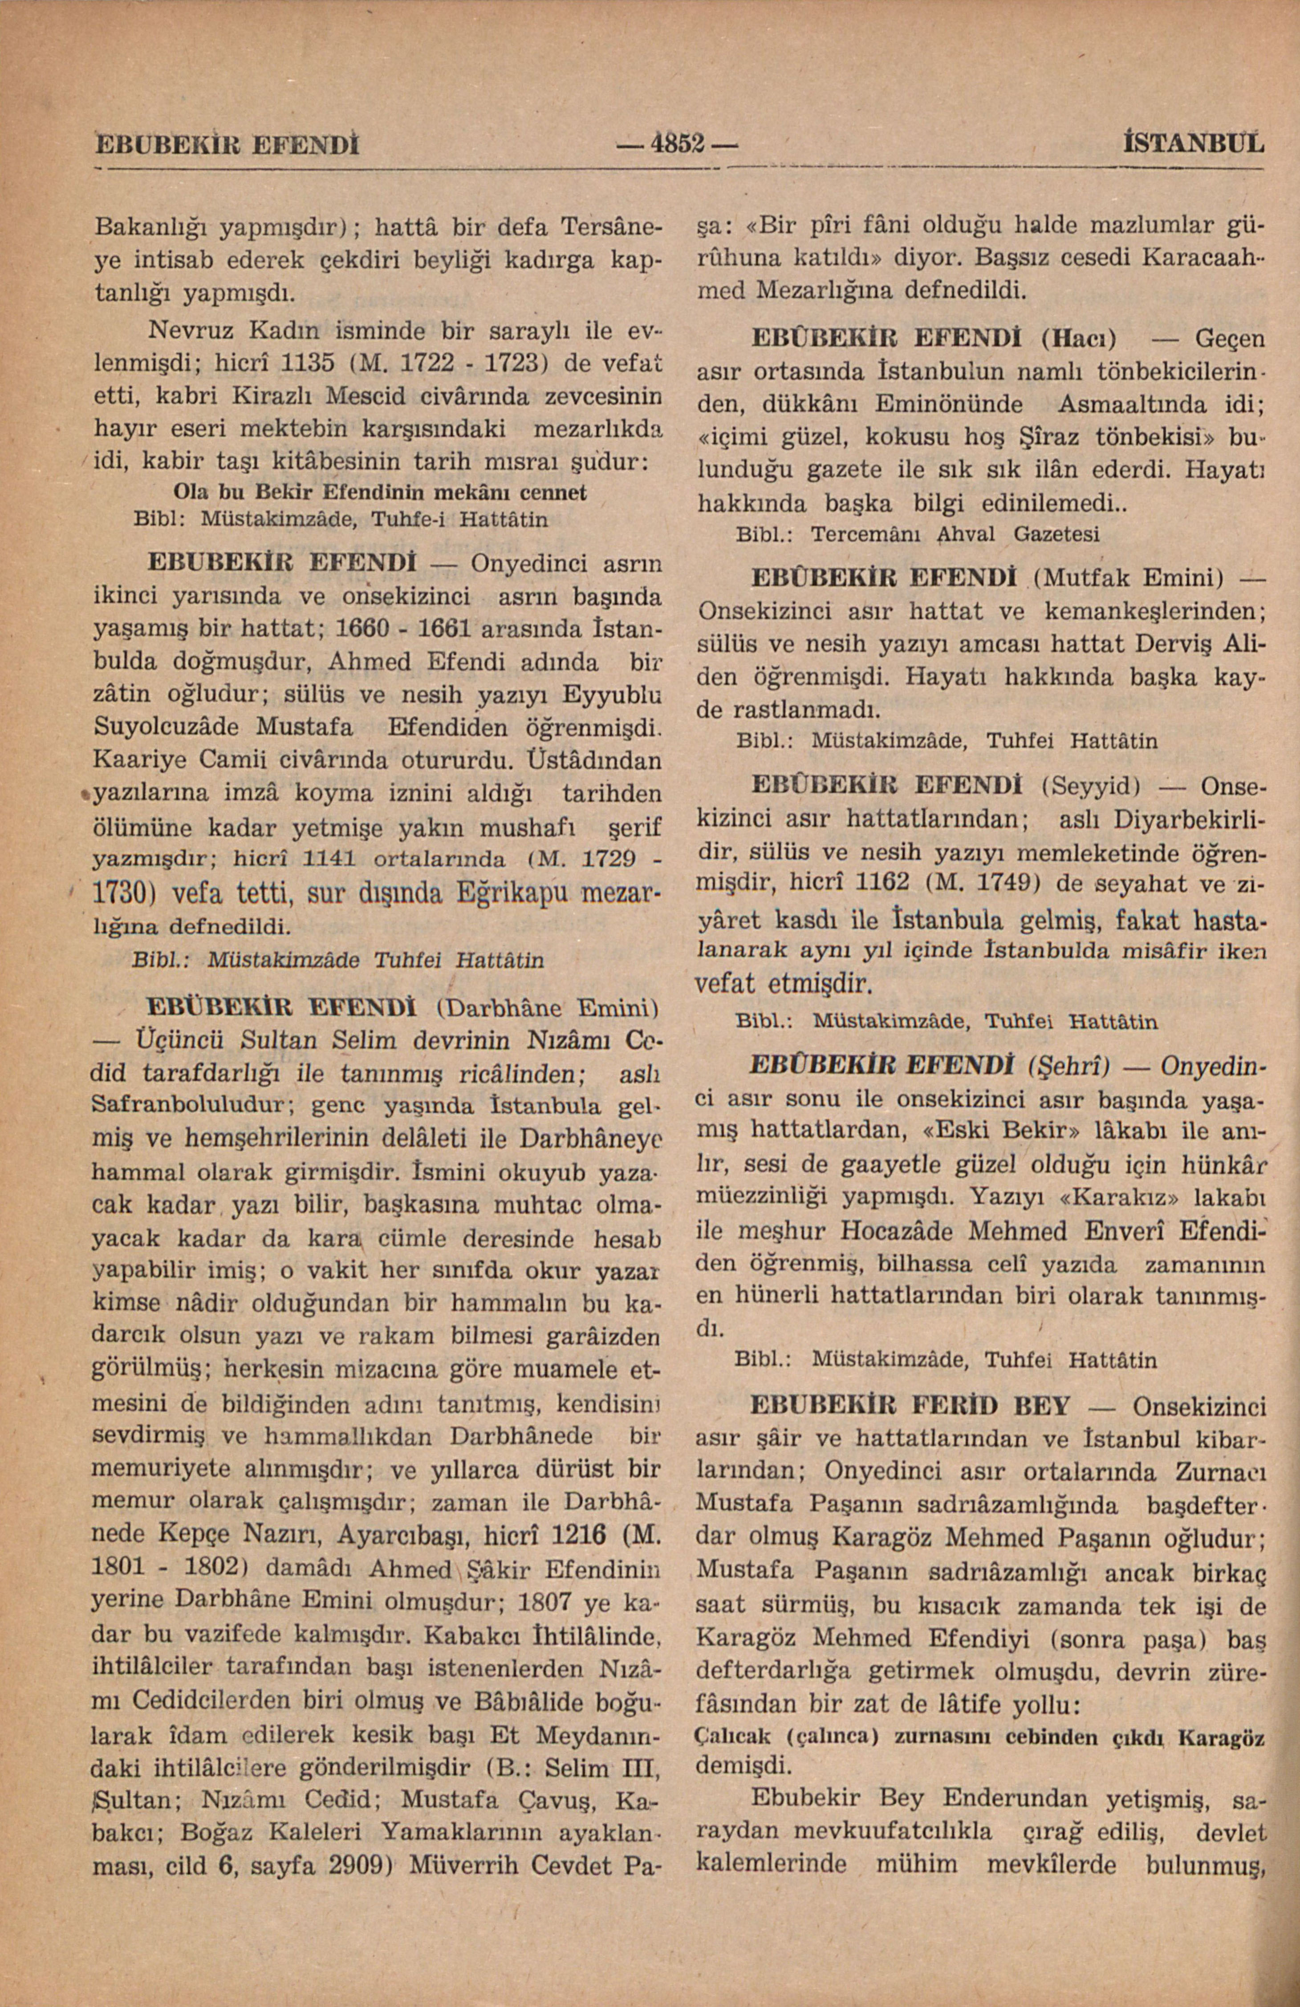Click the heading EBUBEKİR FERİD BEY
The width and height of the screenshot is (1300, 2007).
pos(910,1406)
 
